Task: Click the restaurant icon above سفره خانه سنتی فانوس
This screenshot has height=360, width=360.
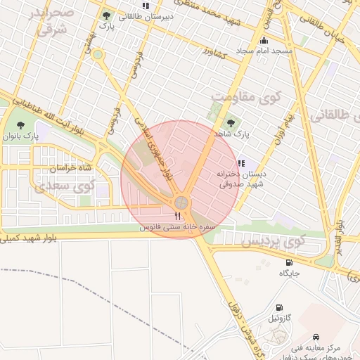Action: [x=177, y=217]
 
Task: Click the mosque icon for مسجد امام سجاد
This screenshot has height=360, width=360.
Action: [x=263, y=41]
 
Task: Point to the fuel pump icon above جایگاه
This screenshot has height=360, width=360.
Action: [x=288, y=262]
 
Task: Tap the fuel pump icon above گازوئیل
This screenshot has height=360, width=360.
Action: [x=280, y=308]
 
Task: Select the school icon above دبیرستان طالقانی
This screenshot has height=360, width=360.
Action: [x=146, y=6]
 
